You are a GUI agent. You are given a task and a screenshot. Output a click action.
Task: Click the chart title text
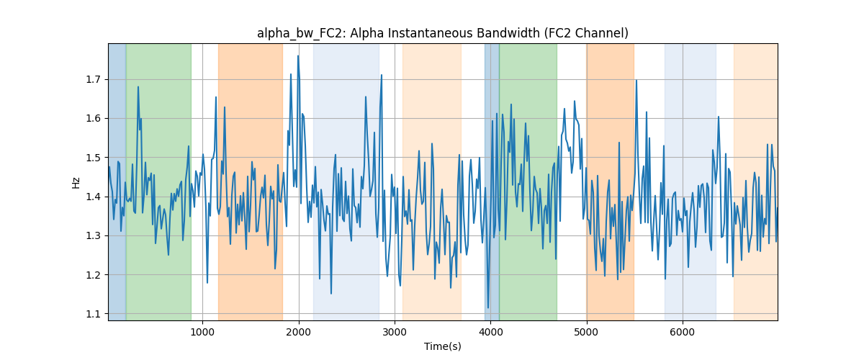click(442, 33)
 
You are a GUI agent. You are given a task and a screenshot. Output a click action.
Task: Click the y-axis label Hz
click(76, 182)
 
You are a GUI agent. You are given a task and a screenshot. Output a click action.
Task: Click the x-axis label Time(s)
click(442, 346)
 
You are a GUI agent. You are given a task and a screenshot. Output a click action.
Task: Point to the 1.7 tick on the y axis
click(93, 80)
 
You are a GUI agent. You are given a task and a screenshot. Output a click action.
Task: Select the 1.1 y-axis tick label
click(93, 314)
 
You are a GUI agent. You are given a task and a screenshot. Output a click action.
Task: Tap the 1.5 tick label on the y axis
click(93, 158)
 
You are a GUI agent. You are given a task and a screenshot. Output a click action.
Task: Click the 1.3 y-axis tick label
click(93, 235)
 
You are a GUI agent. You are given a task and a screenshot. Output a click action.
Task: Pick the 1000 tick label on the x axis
click(202, 332)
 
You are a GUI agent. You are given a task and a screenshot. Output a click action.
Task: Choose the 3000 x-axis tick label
click(395, 332)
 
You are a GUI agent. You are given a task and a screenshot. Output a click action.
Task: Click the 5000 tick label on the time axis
click(586, 332)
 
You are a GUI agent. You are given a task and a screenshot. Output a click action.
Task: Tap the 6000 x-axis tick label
click(683, 332)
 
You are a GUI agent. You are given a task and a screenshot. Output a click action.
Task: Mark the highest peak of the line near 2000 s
click(298, 56)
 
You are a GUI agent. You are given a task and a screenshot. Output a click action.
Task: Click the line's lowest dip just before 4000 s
click(488, 308)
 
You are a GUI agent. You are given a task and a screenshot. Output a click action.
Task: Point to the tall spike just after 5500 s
click(636, 80)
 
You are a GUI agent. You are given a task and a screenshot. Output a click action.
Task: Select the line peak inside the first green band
click(138, 87)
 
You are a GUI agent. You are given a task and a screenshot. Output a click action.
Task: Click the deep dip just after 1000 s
click(207, 283)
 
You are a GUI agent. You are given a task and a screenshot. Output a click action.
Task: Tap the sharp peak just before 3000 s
click(382, 75)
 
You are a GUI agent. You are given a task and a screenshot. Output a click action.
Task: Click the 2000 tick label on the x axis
click(299, 332)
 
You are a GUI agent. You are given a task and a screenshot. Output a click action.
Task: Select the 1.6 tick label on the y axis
click(93, 119)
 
